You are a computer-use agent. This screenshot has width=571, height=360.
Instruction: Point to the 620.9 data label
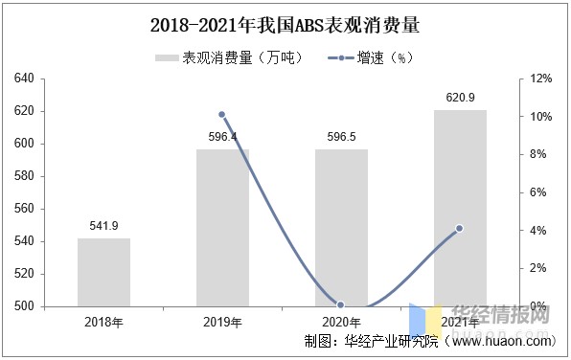tap(460, 98)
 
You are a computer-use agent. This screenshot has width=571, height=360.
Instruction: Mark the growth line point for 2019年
tap(222, 115)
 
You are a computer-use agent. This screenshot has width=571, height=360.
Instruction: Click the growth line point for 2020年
tap(341, 305)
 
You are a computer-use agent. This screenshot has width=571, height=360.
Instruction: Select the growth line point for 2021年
tap(460, 228)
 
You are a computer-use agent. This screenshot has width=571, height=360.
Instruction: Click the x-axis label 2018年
tap(103, 322)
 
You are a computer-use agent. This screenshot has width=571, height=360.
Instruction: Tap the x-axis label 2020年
tap(341, 322)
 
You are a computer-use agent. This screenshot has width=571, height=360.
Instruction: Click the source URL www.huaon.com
tap(503, 342)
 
